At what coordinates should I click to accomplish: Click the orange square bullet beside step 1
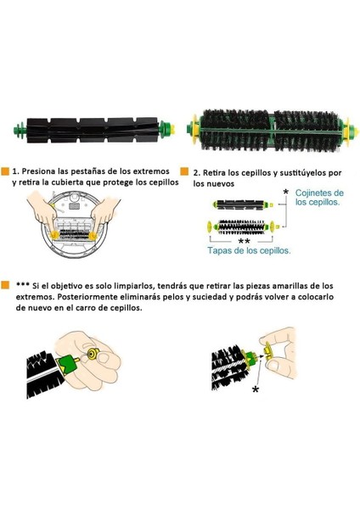tap(6, 171)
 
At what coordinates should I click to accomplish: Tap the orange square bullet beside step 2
tap(185, 171)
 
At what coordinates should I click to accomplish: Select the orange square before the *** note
tap(6, 285)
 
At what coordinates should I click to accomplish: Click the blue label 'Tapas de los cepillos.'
tap(250, 251)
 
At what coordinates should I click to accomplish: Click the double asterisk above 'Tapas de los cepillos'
tap(244, 241)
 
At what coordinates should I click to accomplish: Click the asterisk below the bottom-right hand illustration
tap(255, 389)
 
